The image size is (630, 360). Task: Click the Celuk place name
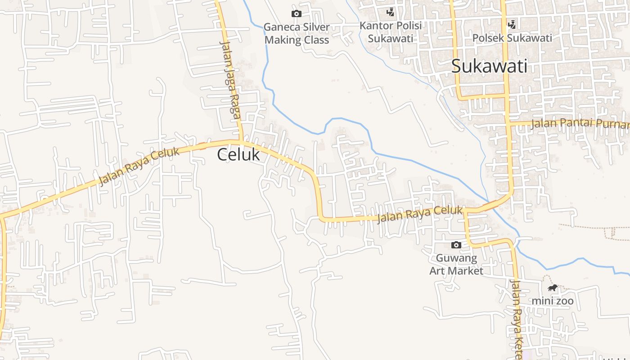click(238, 154)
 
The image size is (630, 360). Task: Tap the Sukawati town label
click(489, 67)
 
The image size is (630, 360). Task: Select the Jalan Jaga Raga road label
click(230, 80)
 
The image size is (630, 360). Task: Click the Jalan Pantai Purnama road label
click(580, 123)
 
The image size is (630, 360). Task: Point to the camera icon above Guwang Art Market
click(456, 245)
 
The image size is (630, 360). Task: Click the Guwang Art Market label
click(456, 265)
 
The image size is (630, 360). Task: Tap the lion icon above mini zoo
click(553, 288)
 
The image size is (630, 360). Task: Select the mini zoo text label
click(553, 301)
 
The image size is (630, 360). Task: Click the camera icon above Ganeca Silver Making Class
click(296, 13)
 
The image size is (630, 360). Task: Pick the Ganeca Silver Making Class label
click(297, 33)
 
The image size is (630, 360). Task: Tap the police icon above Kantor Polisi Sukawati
click(391, 12)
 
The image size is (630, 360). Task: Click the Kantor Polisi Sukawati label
click(391, 32)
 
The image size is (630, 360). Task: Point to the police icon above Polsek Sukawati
click(512, 24)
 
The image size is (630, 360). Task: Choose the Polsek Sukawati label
click(512, 38)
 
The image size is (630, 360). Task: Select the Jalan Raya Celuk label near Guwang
click(419, 214)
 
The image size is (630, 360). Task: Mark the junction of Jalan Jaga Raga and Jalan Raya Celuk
click(241, 142)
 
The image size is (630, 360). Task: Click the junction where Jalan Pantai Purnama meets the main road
click(508, 123)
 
